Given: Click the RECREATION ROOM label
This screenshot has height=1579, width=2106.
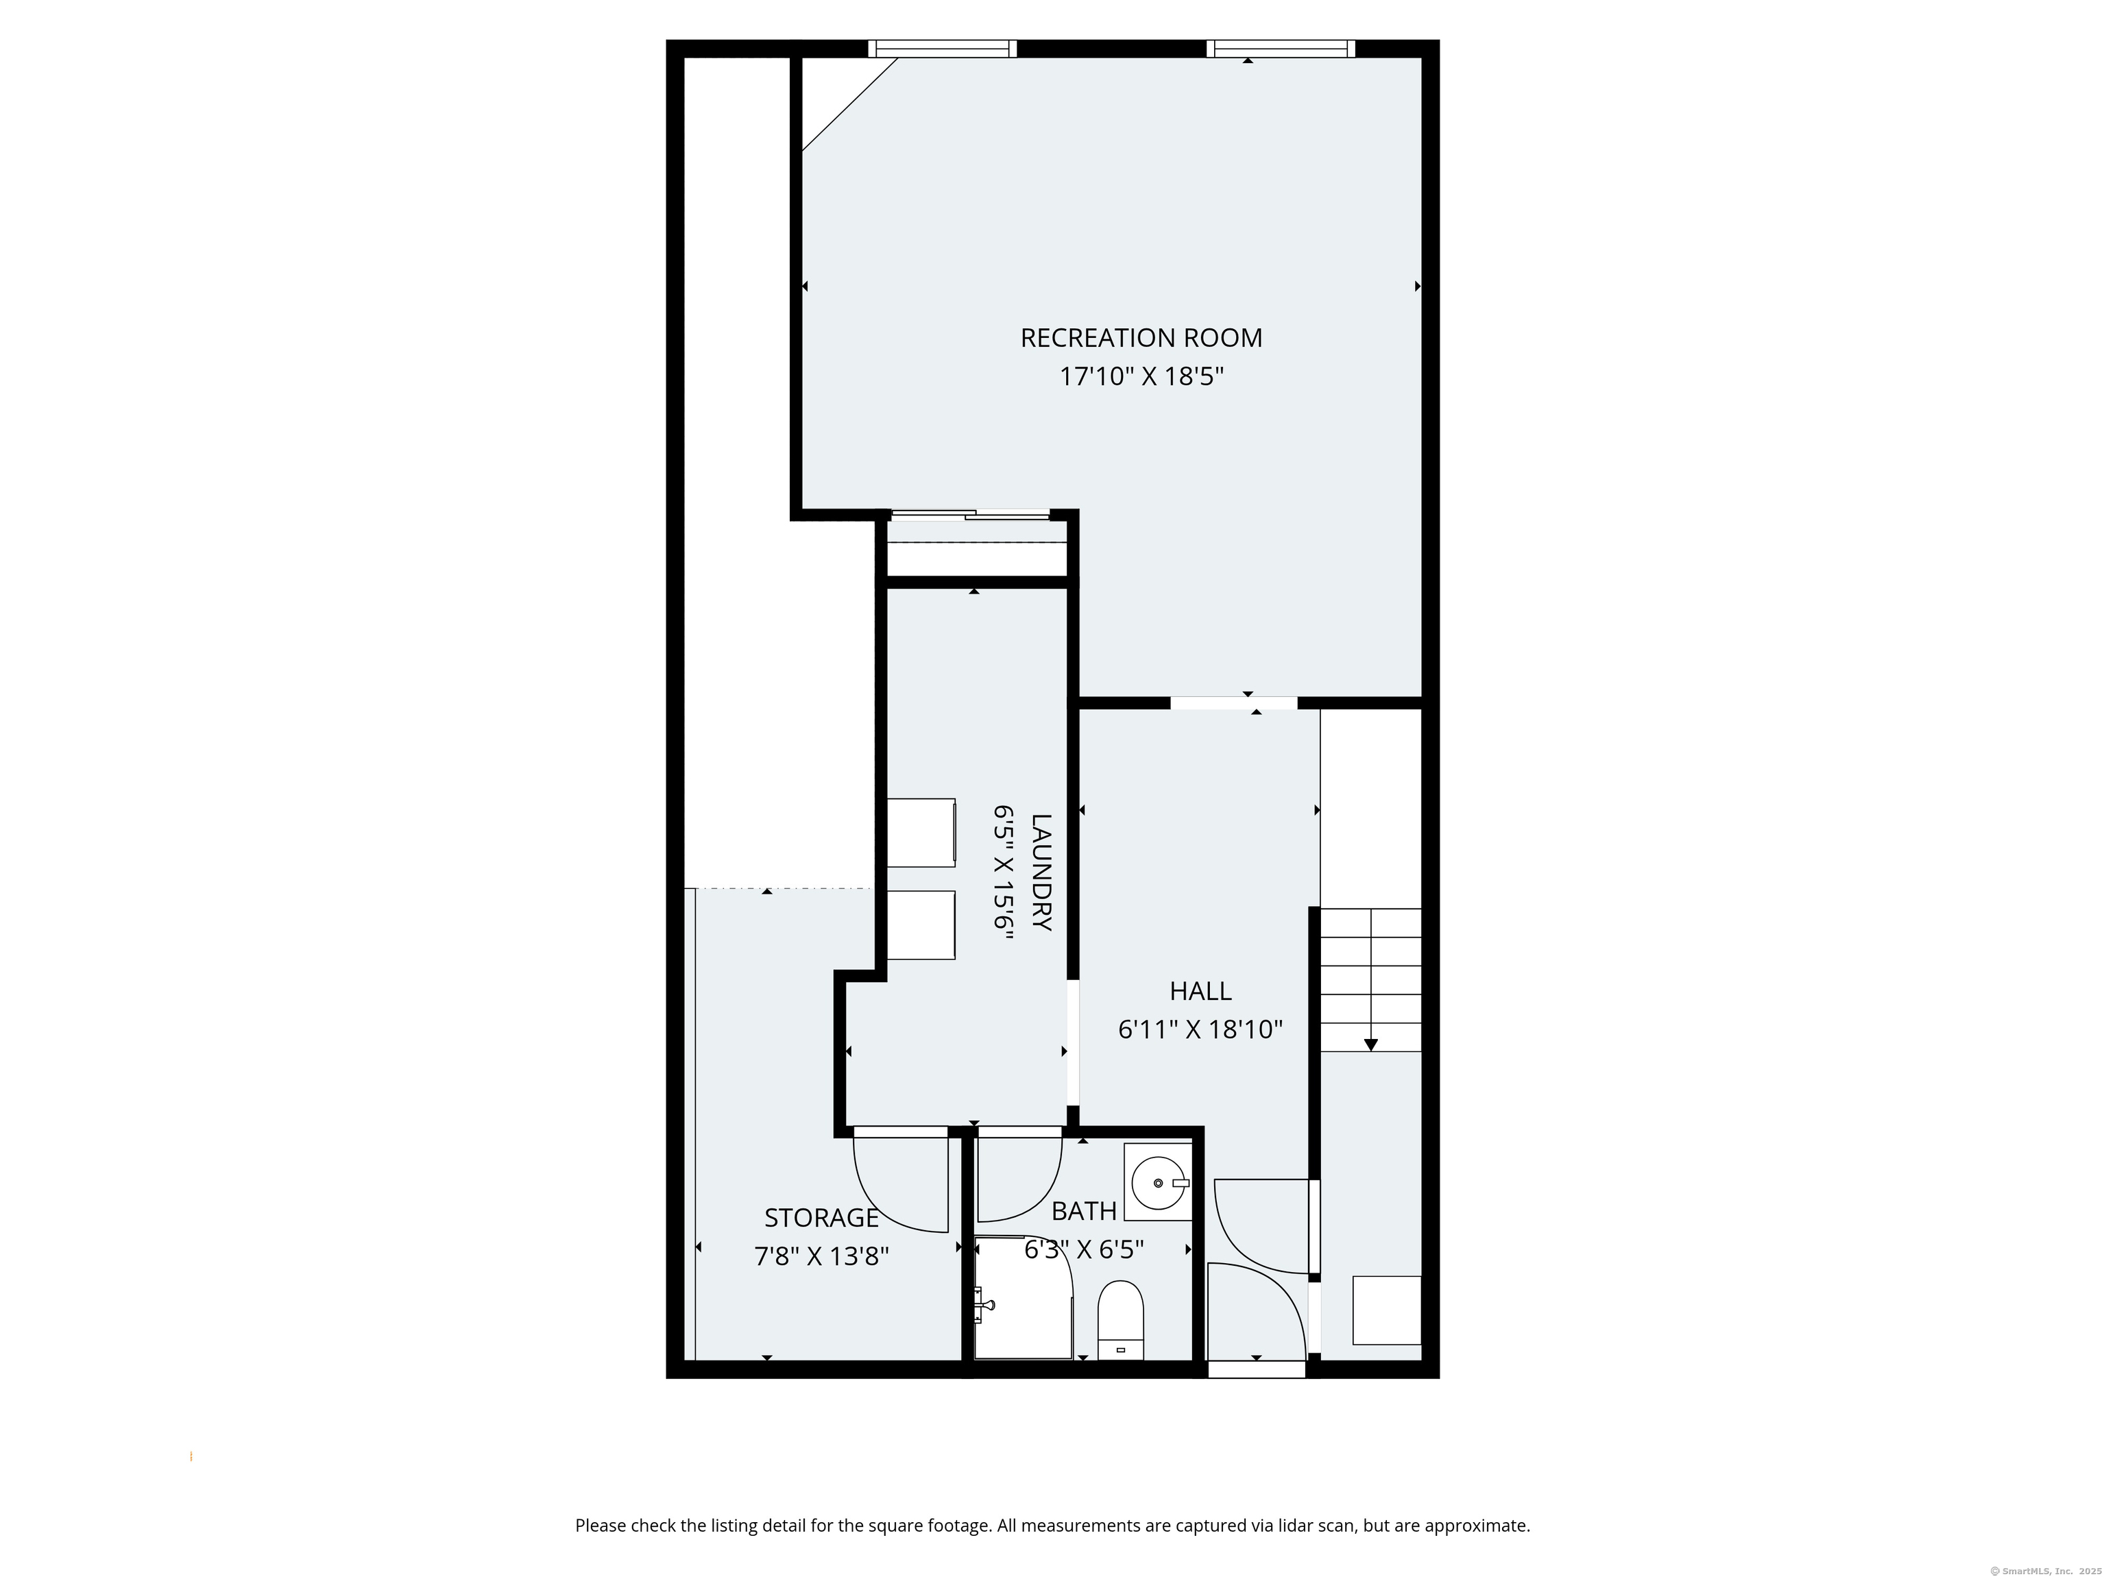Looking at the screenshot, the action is click(x=1141, y=338).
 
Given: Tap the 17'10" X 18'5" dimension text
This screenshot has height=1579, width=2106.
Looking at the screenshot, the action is click(x=1141, y=377).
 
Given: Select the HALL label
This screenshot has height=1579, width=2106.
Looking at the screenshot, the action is click(x=1200, y=991).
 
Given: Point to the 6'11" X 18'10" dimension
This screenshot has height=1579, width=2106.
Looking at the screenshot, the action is click(x=1200, y=1030).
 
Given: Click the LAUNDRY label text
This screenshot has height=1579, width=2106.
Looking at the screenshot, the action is click(x=1041, y=872).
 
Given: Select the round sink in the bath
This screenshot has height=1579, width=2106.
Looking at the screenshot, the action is click(x=1159, y=1182).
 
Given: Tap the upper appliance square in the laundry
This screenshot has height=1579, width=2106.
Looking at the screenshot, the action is click(x=921, y=833).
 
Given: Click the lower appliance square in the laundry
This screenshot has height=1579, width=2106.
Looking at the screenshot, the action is click(x=921, y=925).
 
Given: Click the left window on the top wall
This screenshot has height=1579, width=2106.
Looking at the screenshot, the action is click(x=942, y=49).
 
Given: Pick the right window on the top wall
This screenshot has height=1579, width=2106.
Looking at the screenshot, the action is click(x=1281, y=49).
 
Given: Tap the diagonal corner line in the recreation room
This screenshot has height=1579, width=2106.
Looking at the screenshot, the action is click(x=849, y=105).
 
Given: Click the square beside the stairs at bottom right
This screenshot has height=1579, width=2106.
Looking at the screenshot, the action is click(x=1386, y=1310).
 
